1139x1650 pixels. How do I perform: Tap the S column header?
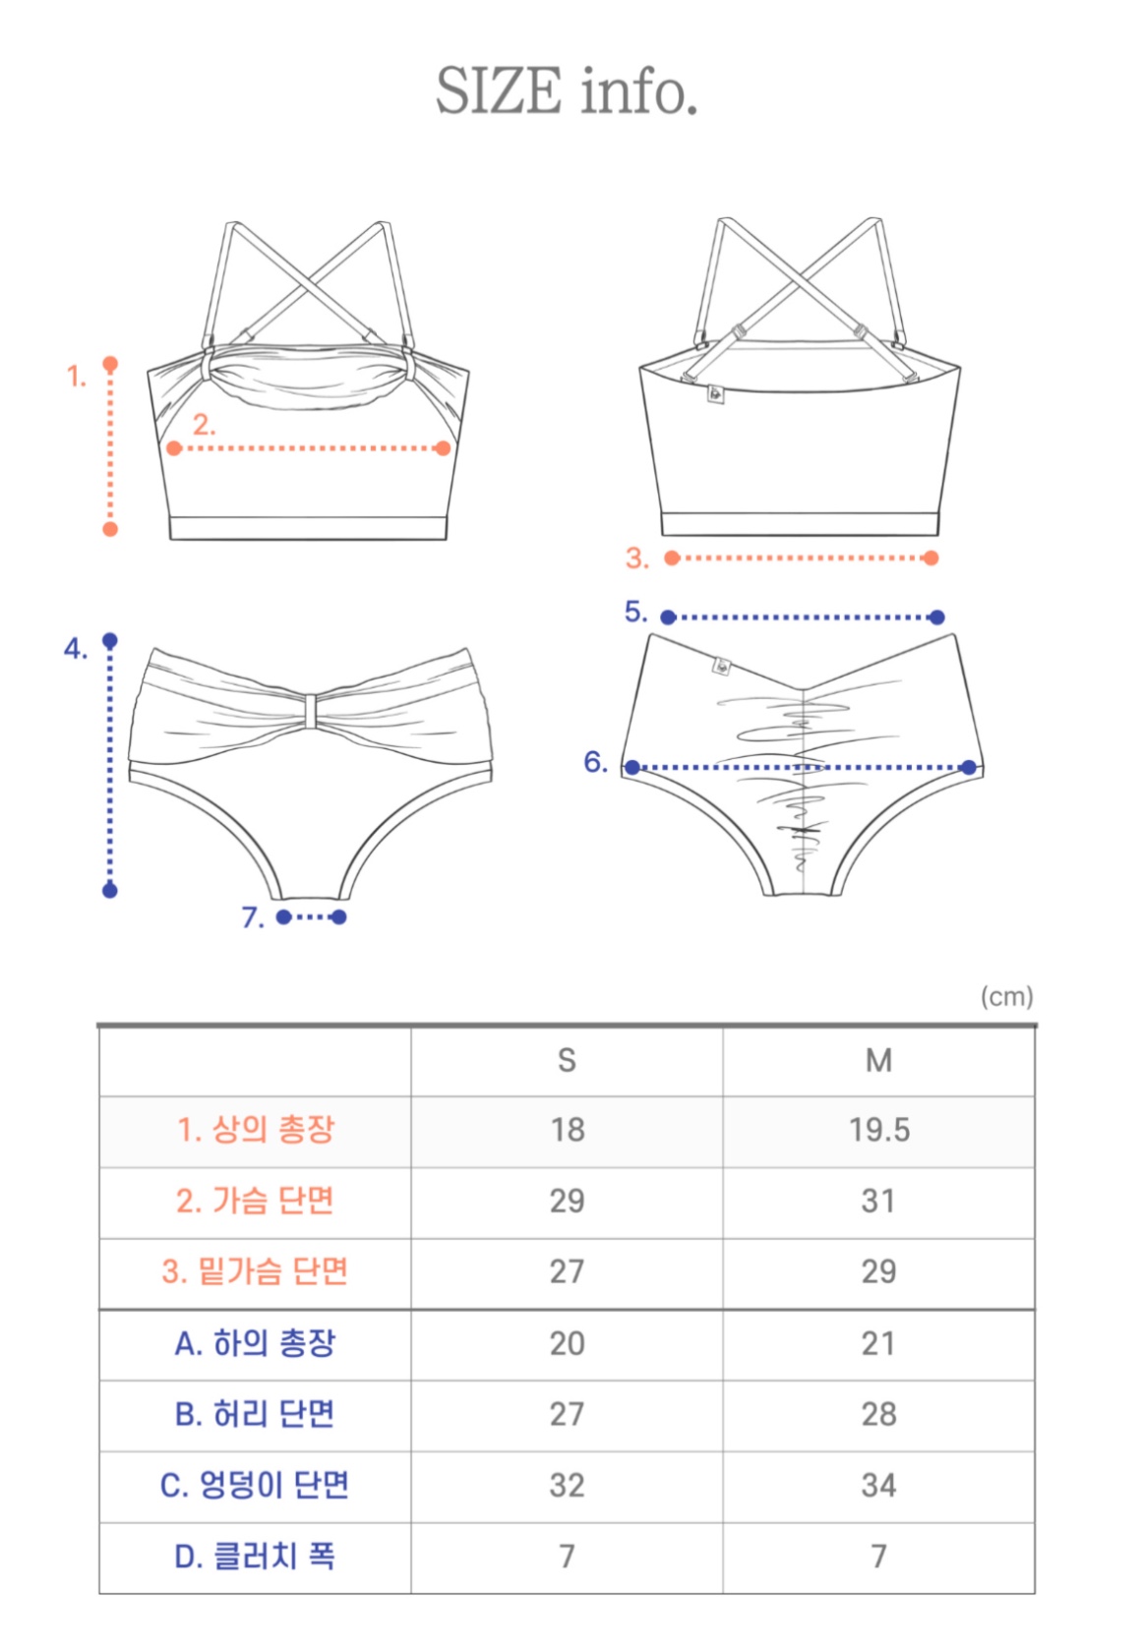[567, 1060]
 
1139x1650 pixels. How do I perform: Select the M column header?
[878, 1060]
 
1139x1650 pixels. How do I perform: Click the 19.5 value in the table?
[878, 1130]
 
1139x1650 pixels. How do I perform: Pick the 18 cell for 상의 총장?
[567, 1130]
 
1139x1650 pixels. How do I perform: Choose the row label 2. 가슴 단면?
[255, 1201]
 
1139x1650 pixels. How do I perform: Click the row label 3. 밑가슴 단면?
[255, 1271]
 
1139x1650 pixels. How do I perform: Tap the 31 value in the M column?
[878, 1201]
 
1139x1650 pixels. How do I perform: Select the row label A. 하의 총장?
[255, 1343]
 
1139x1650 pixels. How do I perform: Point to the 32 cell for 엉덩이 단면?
[567, 1485]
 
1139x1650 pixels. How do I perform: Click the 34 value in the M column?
[878, 1485]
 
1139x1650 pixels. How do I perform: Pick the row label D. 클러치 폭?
[255, 1556]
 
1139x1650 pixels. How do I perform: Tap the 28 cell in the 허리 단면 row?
[878, 1414]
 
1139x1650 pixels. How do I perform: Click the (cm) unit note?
[1006, 997]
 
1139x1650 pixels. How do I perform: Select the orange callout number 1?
[76, 376]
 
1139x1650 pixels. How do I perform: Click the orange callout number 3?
[636, 559]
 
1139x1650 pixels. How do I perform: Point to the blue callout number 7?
[252, 917]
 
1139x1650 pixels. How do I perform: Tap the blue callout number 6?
[595, 762]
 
